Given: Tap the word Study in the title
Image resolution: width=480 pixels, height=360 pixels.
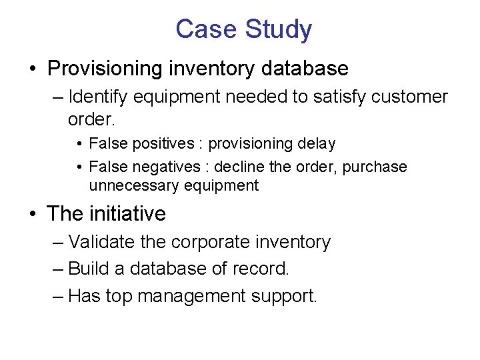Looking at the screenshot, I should pyautogui.click(x=278, y=29).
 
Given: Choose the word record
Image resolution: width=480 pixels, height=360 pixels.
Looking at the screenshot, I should pyautogui.click(x=265, y=269).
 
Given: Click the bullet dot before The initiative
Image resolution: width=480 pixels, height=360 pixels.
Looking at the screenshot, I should pyautogui.click(x=33, y=214).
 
